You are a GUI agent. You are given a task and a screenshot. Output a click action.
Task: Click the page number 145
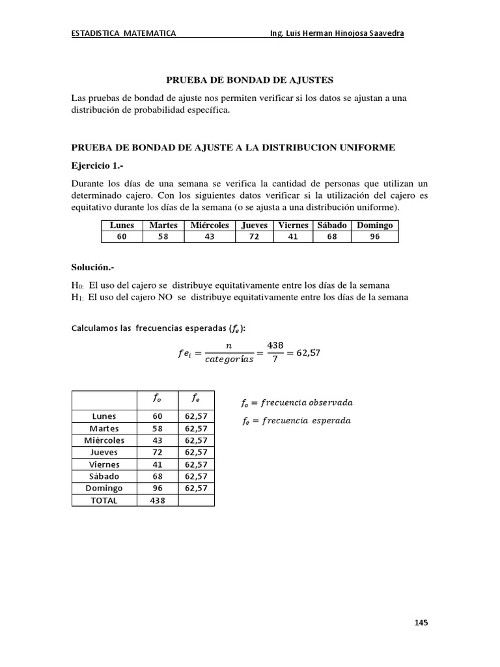point(421,623)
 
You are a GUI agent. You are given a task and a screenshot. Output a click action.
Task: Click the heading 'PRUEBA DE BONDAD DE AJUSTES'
point(250,80)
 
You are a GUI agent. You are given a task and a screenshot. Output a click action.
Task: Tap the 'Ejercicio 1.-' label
point(98,165)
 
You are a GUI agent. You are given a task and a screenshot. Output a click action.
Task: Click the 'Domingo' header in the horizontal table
point(374,225)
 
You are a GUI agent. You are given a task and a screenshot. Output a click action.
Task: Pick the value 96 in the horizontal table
point(374,237)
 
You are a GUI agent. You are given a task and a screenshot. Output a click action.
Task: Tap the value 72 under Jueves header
point(255,237)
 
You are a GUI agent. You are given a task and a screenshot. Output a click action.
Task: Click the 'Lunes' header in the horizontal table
point(122,225)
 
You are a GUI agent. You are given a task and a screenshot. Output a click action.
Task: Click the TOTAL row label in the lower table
point(104,500)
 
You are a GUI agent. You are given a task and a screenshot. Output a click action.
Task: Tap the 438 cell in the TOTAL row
point(158,500)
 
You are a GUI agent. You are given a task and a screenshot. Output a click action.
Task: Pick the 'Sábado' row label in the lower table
point(104,476)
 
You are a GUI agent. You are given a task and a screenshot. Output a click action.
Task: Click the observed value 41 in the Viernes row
point(158,464)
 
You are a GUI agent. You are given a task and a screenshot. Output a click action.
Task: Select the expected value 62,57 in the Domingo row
point(196,488)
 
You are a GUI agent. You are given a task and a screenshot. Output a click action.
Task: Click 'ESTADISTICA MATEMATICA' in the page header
point(123,34)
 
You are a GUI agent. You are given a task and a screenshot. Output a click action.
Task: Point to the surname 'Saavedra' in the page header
point(384,34)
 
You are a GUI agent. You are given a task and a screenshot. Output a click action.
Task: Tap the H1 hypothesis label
point(77,298)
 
